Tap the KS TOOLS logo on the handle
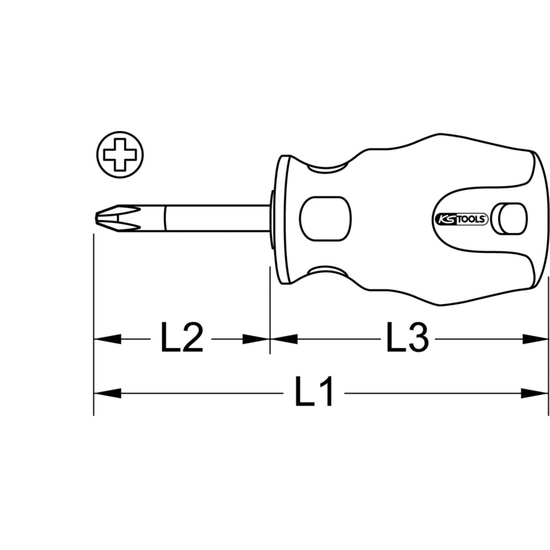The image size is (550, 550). coord(461,219)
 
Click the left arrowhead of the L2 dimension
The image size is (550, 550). coord(107,339)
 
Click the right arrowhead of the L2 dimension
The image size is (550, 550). coord(256,339)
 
